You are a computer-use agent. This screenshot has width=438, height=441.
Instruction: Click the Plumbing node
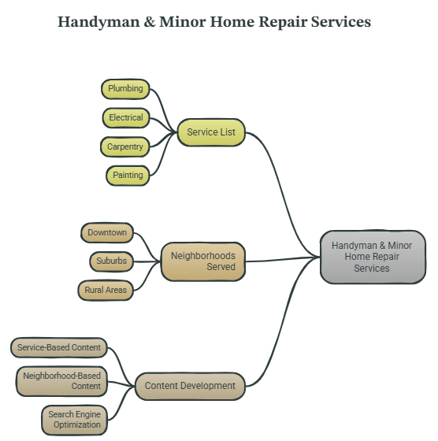click(x=125, y=89)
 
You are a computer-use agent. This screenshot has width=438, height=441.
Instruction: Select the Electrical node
click(x=126, y=118)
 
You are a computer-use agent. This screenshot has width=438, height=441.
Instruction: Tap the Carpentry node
click(x=125, y=146)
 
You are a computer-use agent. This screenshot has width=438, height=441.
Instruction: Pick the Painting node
click(x=128, y=176)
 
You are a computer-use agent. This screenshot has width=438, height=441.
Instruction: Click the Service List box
click(x=211, y=132)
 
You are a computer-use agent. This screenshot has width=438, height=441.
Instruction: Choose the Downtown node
click(x=107, y=233)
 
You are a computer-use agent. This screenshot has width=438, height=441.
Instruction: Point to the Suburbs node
click(x=112, y=261)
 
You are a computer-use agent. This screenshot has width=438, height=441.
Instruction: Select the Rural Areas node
click(x=106, y=291)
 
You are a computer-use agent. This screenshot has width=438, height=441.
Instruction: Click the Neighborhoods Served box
click(x=203, y=261)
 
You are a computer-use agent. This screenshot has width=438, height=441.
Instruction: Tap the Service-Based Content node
click(x=59, y=347)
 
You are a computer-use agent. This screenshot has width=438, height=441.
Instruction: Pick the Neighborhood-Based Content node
click(x=61, y=381)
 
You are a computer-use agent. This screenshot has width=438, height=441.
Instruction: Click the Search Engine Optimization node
click(x=75, y=420)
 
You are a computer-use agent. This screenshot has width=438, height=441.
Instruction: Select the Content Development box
click(x=190, y=386)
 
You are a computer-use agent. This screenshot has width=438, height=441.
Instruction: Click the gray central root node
click(x=373, y=257)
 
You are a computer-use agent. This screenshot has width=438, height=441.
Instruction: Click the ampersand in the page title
click(x=149, y=22)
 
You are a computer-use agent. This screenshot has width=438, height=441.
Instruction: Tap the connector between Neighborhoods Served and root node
click(x=283, y=259)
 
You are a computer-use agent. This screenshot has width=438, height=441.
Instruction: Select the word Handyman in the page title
click(x=98, y=22)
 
